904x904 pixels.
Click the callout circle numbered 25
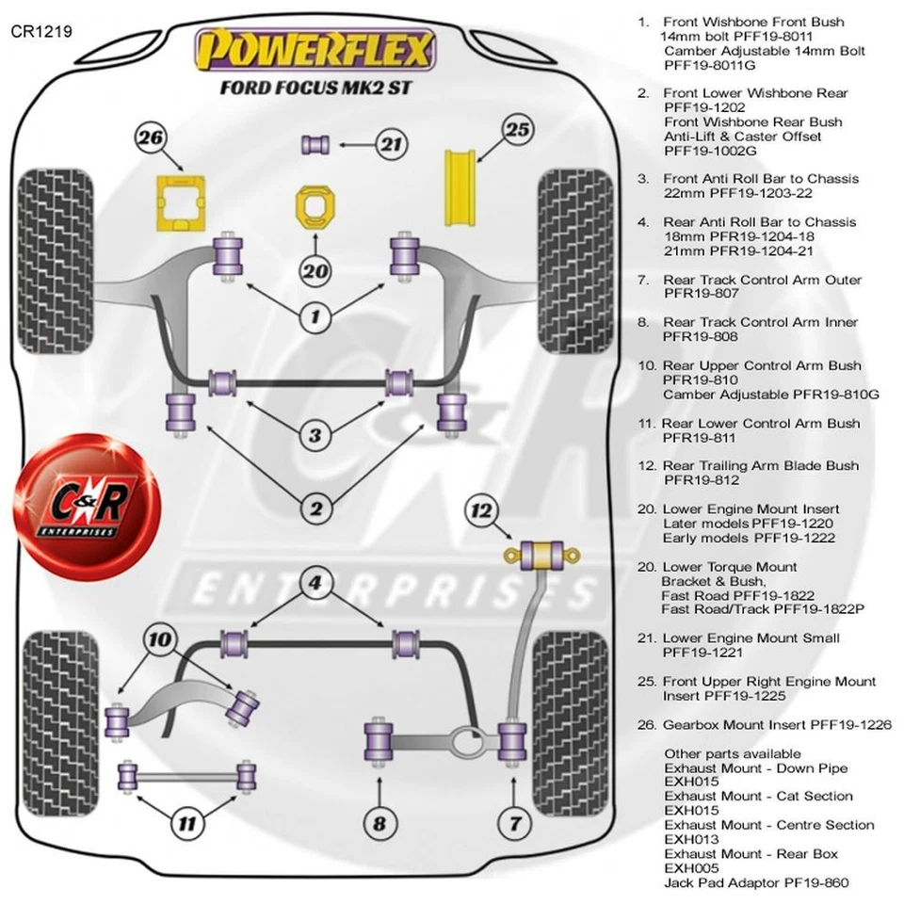pyautogui.click(x=517, y=130)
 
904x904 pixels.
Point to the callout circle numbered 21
pyautogui.click(x=390, y=144)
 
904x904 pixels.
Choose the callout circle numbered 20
pyautogui.click(x=316, y=271)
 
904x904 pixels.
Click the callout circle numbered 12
pyautogui.click(x=482, y=511)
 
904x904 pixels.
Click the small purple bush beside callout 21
pyautogui.click(x=314, y=144)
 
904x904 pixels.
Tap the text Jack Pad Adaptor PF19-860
pyautogui.click(x=756, y=882)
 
